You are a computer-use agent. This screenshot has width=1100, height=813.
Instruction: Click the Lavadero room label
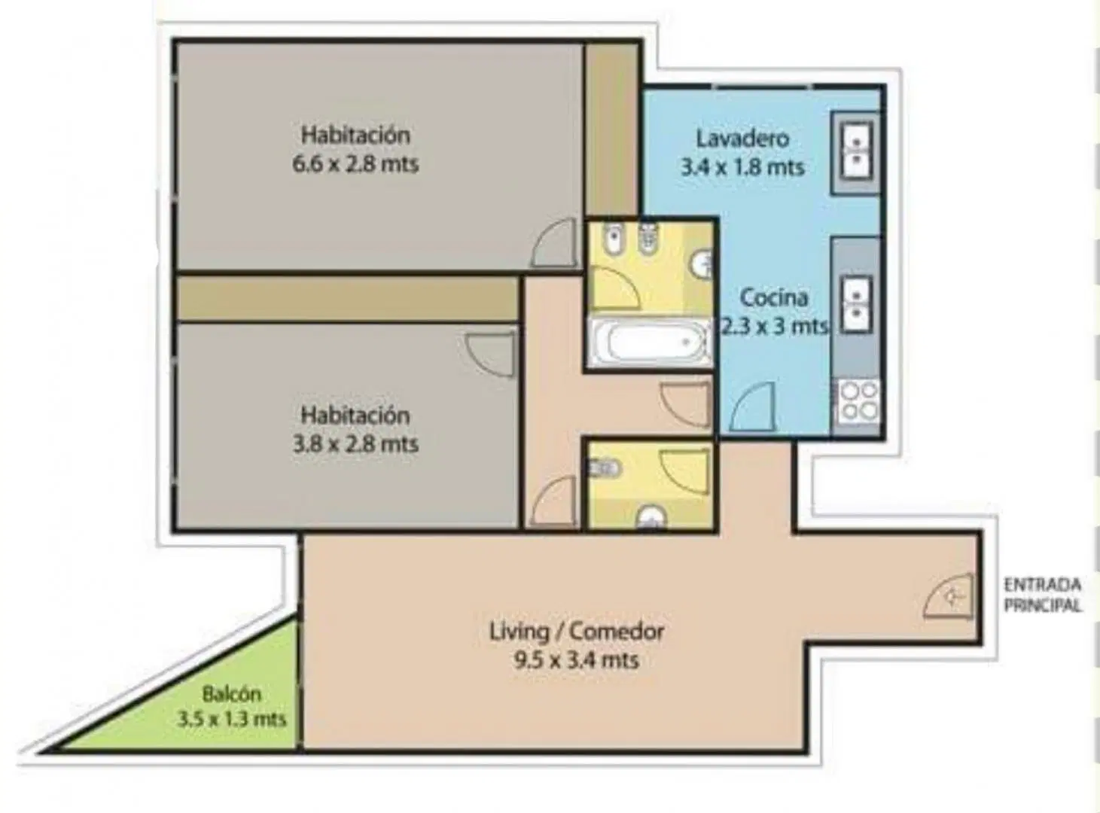pos(742,139)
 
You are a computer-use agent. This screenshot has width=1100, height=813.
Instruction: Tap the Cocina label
pos(774,297)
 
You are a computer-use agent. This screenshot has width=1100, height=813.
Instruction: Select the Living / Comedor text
pos(577,632)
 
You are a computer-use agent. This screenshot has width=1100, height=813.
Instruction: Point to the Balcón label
pos(232,693)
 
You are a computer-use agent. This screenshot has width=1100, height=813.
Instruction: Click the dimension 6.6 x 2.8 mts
pos(355,164)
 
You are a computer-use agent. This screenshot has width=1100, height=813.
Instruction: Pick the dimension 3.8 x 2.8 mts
pos(355,444)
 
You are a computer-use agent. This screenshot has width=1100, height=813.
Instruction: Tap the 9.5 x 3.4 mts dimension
pos(576,660)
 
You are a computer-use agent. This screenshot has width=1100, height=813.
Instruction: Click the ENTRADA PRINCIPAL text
pos(1043,595)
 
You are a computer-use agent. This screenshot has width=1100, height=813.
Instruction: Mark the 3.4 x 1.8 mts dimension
pos(742,168)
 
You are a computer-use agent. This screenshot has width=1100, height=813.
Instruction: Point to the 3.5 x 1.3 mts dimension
pos(232,719)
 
